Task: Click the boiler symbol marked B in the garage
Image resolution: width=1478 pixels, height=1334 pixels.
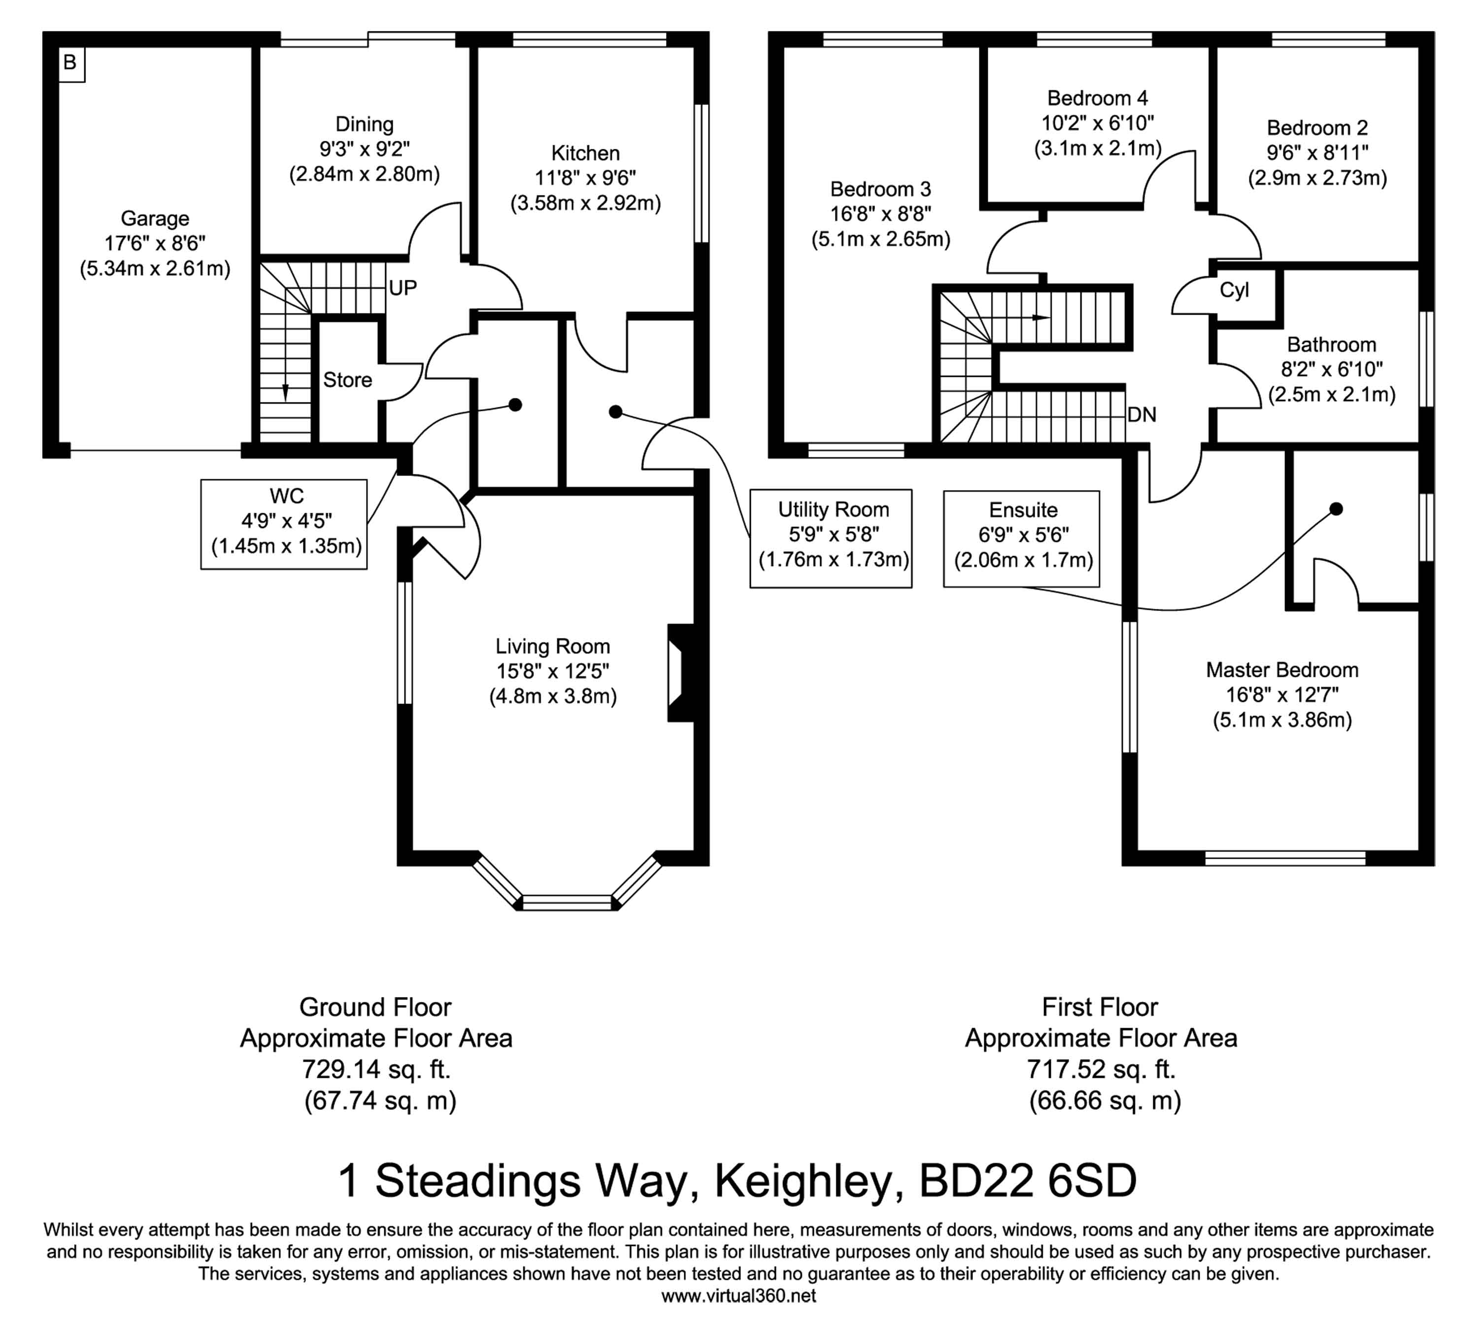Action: tap(71, 64)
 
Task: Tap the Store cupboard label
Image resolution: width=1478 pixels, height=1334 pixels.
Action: tap(347, 380)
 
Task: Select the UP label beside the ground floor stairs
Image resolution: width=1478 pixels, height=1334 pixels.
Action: tap(403, 288)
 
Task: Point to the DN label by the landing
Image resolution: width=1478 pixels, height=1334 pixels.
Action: tap(1142, 415)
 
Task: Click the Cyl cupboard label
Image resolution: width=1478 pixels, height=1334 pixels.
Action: tap(1234, 290)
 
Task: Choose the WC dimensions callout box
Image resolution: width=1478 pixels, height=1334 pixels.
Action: tap(284, 524)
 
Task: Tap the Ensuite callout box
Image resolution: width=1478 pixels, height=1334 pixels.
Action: tap(1021, 539)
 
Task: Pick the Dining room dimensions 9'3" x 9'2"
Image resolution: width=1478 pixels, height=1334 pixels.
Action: tap(365, 149)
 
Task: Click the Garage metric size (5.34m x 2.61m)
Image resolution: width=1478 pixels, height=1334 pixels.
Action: tap(155, 269)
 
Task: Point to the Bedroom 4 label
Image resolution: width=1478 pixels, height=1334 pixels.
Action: tap(1098, 98)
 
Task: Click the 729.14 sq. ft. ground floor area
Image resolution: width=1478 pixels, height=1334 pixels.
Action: tap(376, 1069)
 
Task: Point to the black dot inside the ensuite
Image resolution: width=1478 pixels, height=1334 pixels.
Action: tap(1336, 509)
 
